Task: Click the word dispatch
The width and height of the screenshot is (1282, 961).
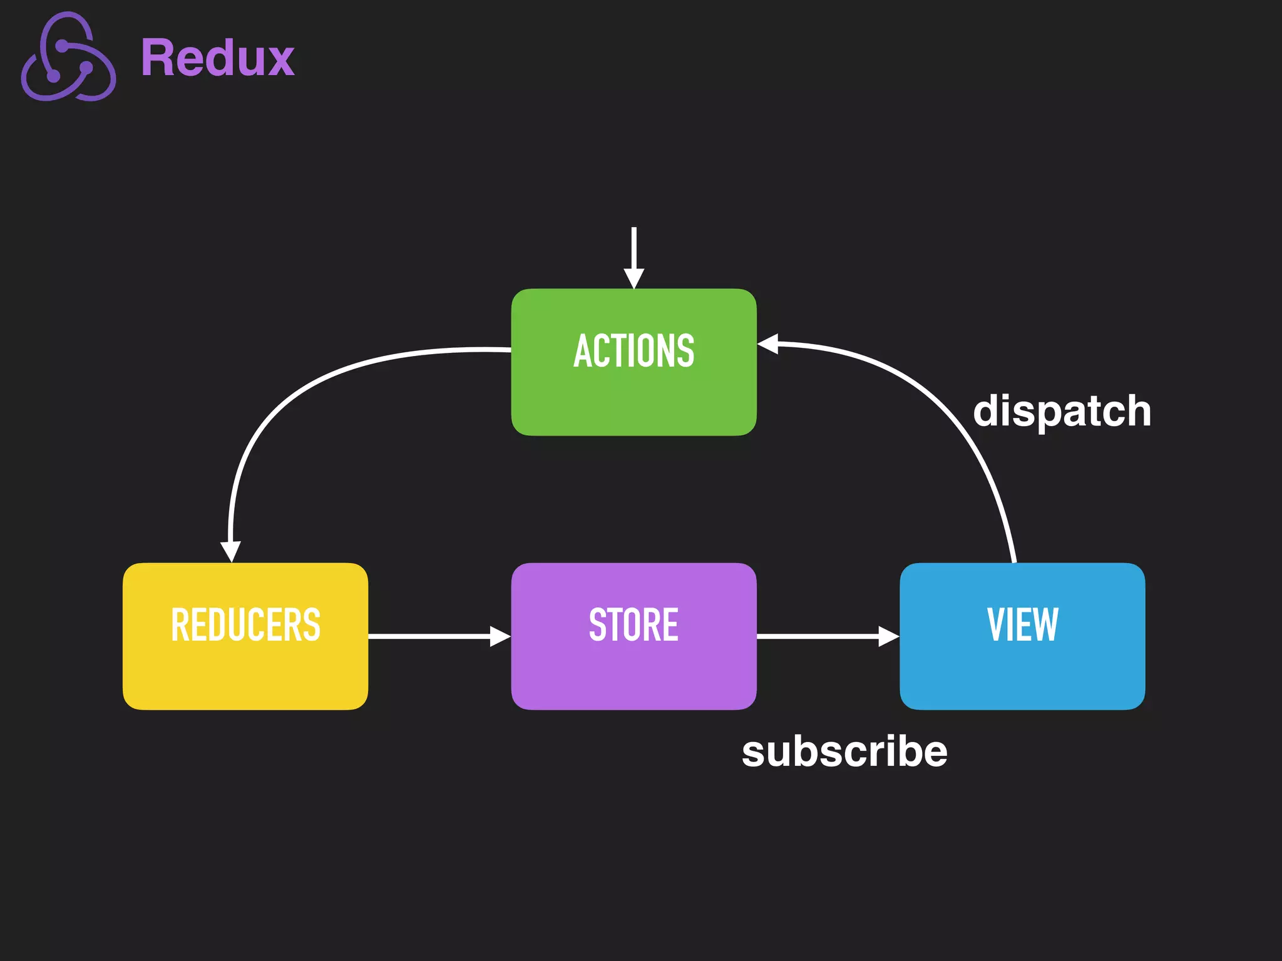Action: [1062, 412]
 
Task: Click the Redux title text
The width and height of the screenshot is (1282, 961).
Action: [217, 58]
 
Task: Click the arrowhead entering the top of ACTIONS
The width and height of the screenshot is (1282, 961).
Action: [633, 278]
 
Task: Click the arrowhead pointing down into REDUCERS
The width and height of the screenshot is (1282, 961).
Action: [231, 551]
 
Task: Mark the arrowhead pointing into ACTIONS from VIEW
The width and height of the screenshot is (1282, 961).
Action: [768, 343]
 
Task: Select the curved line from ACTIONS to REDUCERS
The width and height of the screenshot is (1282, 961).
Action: [294, 400]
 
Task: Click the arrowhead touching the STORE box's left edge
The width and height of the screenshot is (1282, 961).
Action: [500, 636]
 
